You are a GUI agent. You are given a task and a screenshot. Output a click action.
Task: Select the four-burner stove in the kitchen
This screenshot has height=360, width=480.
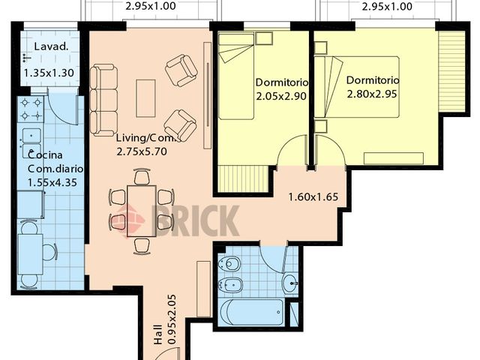pos(32,109)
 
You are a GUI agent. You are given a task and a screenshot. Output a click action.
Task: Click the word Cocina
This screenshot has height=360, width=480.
pos(43,154)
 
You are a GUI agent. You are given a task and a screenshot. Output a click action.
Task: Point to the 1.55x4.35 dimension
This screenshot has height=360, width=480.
pos(52,182)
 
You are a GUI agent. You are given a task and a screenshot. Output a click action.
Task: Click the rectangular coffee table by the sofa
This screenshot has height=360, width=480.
pos(145,97)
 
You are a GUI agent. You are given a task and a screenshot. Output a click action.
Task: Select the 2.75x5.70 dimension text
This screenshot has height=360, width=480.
pos(142,151)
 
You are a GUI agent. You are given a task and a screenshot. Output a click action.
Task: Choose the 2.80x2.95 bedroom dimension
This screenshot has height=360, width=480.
pos(373,94)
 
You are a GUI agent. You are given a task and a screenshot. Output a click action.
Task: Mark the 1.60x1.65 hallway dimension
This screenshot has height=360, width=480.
pos(313,198)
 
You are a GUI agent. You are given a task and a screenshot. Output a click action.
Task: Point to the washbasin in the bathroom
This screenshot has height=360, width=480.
pos(290,283)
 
